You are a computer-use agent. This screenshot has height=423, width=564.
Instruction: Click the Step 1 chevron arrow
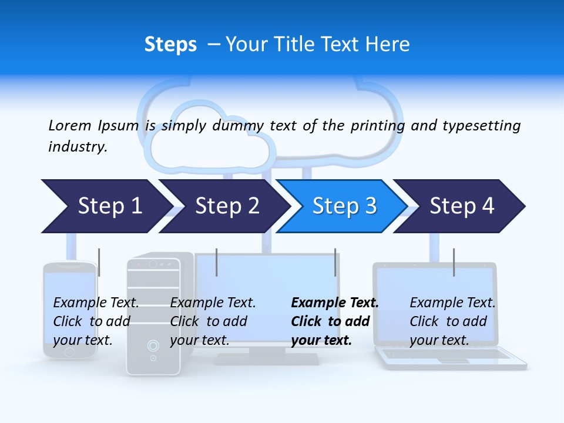tap(106, 206)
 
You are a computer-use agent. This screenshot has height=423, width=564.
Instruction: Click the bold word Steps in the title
tap(170, 44)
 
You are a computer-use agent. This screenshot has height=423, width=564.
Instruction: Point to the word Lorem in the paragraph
tap(70, 125)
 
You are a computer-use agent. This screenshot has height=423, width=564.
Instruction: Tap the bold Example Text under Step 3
tap(335, 303)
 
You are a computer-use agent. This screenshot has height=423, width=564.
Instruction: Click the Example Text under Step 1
tap(96, 303)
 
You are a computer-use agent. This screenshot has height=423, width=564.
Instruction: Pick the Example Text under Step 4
tap(452, 303)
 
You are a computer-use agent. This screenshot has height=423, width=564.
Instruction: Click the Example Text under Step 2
tap(213, 303)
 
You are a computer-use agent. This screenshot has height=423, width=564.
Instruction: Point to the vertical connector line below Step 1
tap(99, 262)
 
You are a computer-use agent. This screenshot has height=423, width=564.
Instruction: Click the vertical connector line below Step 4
tap(454, 262)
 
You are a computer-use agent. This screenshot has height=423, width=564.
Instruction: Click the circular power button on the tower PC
tap(153, 345)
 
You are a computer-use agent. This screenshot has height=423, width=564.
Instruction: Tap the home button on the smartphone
tap(69, 351)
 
